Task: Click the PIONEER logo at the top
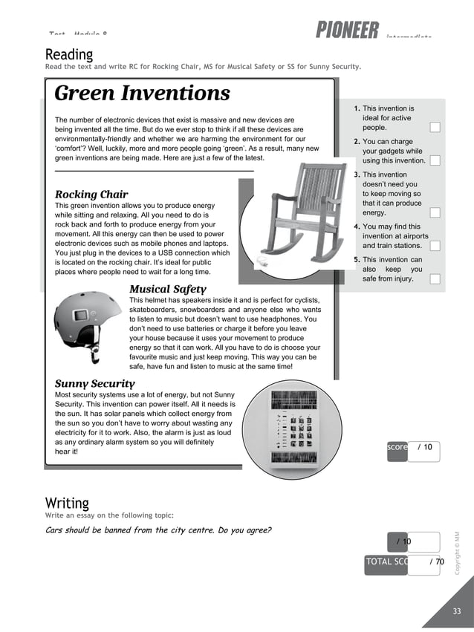point(347,30)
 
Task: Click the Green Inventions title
point(143,94)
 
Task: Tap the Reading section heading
point(69,54)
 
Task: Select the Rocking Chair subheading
point(91,195)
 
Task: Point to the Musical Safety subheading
point(168,289)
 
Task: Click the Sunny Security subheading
point(95,383)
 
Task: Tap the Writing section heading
point(67,504)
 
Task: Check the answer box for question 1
point(435,127)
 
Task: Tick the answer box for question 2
point(435,160)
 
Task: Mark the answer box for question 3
point(435,212)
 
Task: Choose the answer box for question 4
point(435,246)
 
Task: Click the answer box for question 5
point(435,279)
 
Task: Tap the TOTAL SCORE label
point(386,562)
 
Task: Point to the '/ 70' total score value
point(436,562)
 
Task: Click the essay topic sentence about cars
point(158,530)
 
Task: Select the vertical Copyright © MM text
point(458,552)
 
